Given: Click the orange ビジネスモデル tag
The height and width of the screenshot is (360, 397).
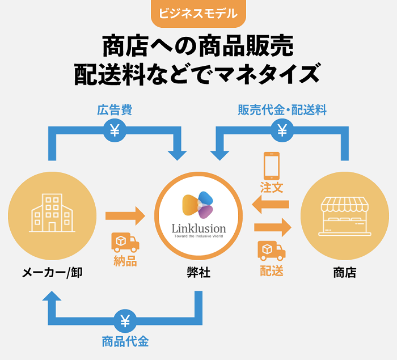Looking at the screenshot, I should coord(198,13).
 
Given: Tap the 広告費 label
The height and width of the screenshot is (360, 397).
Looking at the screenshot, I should coord(115,110).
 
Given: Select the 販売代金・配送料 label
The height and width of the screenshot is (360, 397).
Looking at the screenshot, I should coord(282,110).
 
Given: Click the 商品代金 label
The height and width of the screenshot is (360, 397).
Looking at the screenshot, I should coord(125,341).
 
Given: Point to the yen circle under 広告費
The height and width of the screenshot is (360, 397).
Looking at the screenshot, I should coord(115,131).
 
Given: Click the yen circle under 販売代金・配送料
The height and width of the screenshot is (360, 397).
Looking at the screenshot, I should coord(282,131).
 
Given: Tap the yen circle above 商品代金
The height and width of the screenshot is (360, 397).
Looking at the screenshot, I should coord(125,321).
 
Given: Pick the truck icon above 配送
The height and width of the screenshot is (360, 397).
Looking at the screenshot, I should coord(272,249).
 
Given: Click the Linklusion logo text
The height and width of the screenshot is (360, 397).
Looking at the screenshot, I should coord(198,228).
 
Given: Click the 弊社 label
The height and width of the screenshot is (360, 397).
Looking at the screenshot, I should coord(198,273).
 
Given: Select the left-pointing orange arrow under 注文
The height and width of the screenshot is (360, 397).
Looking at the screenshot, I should coord(271,205).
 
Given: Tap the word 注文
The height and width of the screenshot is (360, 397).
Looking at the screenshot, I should coord(272,187).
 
